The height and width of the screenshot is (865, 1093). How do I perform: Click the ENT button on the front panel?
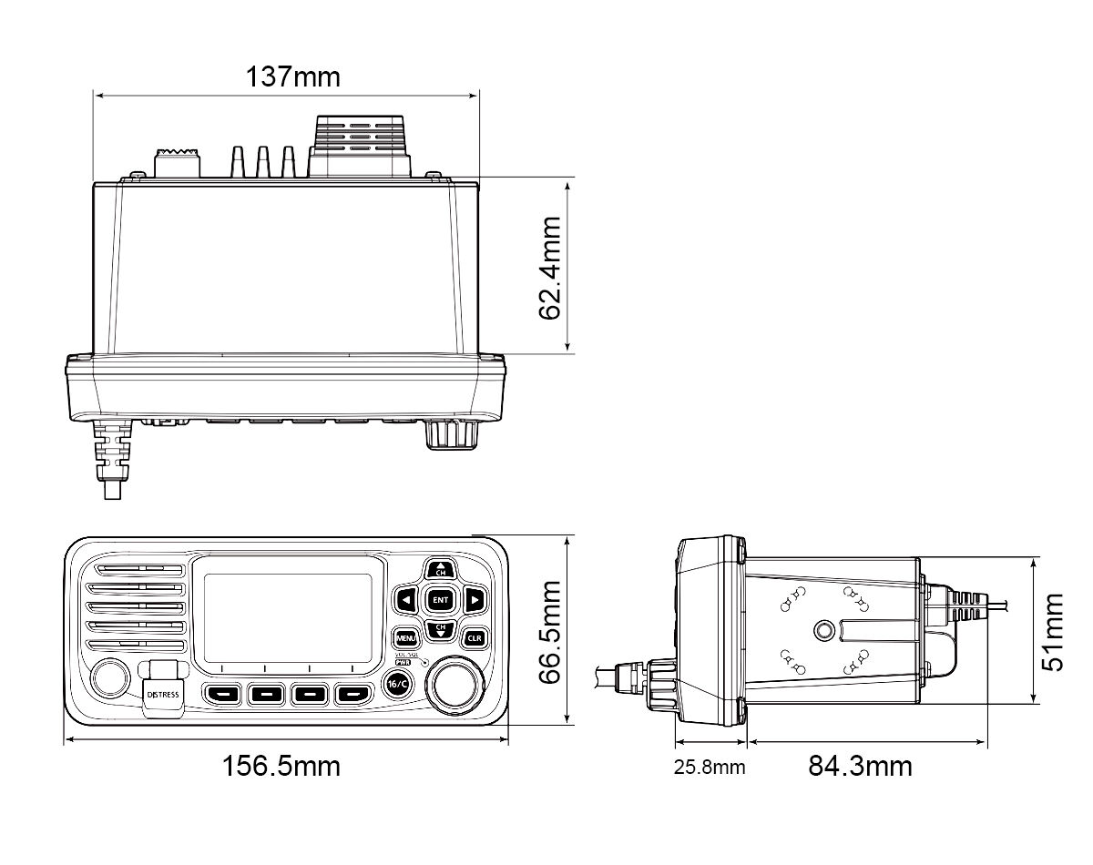(x=441, y=599)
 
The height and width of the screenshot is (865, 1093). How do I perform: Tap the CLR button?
(x=474, y=637)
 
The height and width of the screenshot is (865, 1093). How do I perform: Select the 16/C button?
(x=398, y=685)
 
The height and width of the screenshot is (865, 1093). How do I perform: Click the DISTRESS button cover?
(x=163, y=689)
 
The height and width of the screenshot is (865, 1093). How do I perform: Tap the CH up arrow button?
(x=441, y=569)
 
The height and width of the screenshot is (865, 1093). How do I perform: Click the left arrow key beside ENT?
(x=407, y=599)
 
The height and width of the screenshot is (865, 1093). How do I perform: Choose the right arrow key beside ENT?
(x=474, y=599)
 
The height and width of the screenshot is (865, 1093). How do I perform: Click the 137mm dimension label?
(x=292, y=77)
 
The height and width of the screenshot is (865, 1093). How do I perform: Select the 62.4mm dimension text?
(x=550, y=268)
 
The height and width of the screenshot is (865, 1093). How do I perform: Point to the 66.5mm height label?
(x=550, y=632)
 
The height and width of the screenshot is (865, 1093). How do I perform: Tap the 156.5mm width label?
(x=281, y=766)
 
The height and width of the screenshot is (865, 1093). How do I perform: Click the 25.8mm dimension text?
(x=710, y=767)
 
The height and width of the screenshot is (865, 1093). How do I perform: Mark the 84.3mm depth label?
(x=860, y=766)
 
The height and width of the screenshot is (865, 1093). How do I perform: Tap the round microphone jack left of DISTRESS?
(x=109, y=678)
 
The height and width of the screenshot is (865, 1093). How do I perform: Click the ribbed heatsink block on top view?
(x=361, y=146)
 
